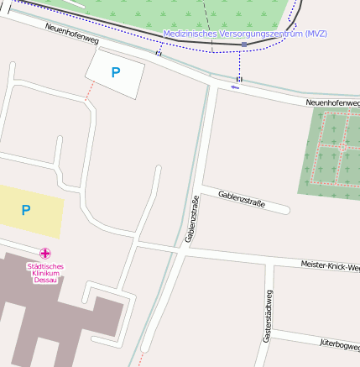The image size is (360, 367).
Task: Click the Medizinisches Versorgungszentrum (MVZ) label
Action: pyautogui.click(x=245, y=34)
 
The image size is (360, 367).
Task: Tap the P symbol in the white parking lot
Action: pyautogui.click(x=116, y=73)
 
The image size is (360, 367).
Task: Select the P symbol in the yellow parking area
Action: pyautogui.click(x=26, y=210)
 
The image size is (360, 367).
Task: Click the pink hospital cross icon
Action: pyautogui.click(x=45, y=253)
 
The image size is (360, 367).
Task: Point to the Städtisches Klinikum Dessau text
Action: pyautogui.click(x=45, y=273)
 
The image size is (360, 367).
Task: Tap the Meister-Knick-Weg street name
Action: pyautogui.click(x=330, y=265)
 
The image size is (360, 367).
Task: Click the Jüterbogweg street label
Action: pyautogui.click(x=339, y=344)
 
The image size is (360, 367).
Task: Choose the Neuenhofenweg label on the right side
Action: pyautogui.click(x=332, y=102)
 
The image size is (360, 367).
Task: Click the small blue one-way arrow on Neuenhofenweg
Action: pyautogui.click(x=235, y=87)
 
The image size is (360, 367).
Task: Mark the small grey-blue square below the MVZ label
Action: pyautogui.click(x=243, y=44)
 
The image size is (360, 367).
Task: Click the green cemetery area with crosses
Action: pyautogui.click(x=327, y=151)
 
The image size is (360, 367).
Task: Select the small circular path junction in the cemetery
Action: pyautogui.click(x=342, y=147)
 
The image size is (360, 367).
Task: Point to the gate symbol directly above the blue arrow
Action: pyautogui.click(x=239, y=78)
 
